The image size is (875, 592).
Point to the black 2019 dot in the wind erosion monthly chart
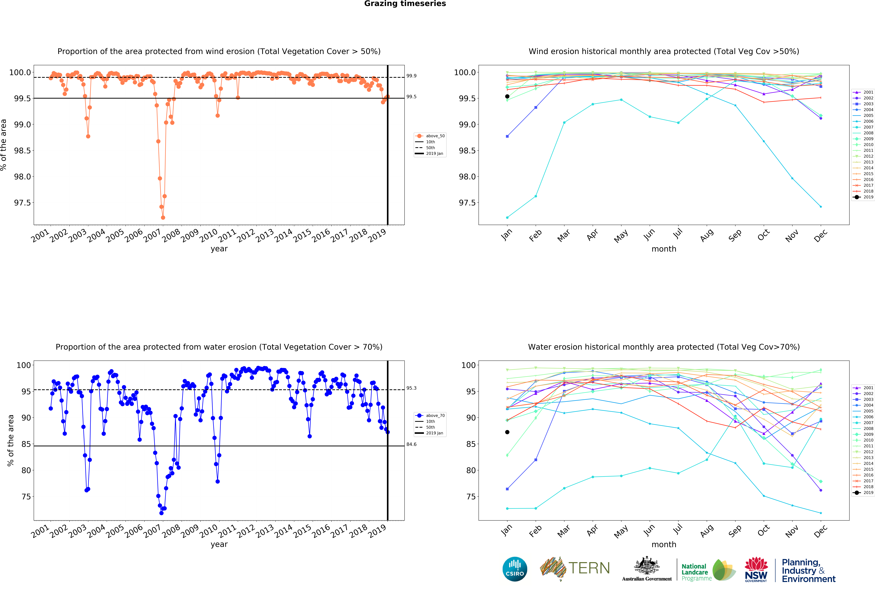click(507, 96)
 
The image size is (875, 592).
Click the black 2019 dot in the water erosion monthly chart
click(507, 432)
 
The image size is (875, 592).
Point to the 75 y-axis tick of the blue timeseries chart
click(26, 497)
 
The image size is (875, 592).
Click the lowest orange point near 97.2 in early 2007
click(163, 217)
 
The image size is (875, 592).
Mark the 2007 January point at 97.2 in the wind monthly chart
click(507, 217)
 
